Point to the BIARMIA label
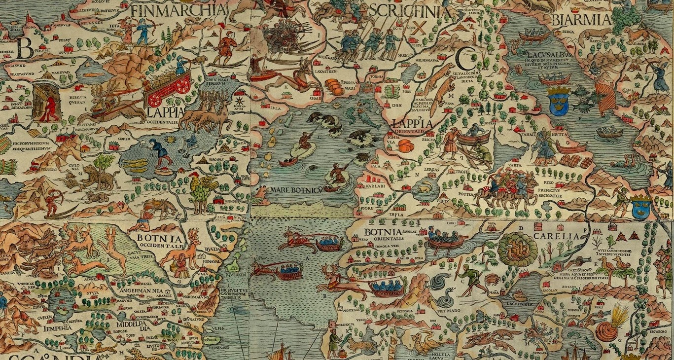[582, 20]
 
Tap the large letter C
[464, 59]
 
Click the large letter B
[24, 48]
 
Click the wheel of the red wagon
[182, 86]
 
